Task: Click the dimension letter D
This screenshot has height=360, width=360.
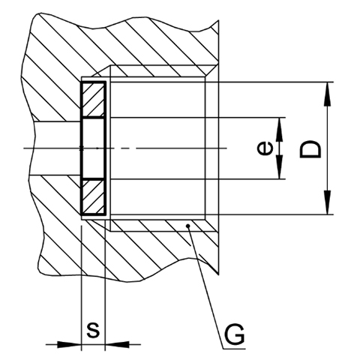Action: click(x=310, y=149)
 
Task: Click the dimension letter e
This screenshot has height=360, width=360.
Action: click(x=265, y=148)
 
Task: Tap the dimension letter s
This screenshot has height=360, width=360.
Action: click(x=93, y=330)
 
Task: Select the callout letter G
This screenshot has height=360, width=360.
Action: click(x=234, y=334)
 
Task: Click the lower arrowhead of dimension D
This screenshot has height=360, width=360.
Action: click(x=327, y=202)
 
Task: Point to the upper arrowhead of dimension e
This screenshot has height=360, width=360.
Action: click(x=280, y=130)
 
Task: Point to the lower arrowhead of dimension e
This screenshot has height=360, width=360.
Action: click(x=280, y=167)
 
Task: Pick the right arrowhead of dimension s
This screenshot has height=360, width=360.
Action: click(x=117, y=344)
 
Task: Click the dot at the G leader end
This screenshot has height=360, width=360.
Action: click(x=188, y=226)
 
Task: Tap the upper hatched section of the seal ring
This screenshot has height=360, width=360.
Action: click(x=93, y=100)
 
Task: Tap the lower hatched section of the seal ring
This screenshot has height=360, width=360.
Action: click(x=93, y=197)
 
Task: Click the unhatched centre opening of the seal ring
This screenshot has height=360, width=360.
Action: click(x=93, y=148)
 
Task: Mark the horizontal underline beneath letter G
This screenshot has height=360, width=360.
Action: click(x=234, y=349)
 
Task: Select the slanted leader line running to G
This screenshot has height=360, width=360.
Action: click(x=205, y=287)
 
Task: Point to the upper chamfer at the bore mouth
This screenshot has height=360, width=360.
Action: click(x=211, y=70)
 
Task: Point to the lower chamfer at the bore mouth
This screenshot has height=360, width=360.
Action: click(x=211, y=226)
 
